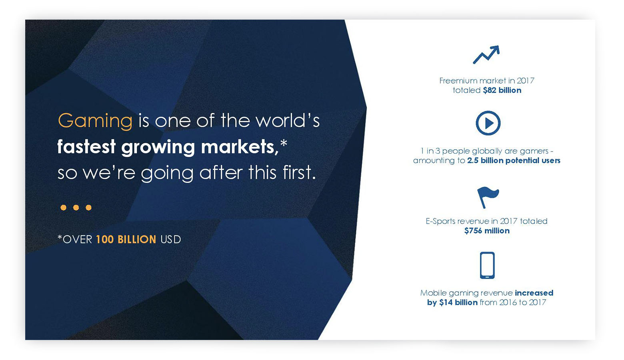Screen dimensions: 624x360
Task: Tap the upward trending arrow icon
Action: click(486, 55)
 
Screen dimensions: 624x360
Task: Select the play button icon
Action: click(488, 123)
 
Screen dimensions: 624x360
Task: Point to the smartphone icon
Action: click(487, 265)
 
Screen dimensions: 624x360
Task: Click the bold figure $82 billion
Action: click(502, 90)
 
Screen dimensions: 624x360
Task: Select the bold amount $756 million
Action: click(487, 231)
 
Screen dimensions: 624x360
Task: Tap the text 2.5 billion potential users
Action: click(514, 161)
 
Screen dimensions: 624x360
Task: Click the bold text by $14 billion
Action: click(452, 303)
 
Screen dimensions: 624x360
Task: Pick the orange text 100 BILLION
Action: click(126, 240)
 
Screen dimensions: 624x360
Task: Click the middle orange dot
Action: click(76, 208)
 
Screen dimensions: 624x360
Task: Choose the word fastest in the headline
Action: click(86, 146)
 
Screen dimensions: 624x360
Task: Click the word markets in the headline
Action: click(240, 146)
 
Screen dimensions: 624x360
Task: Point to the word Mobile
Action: click(434, 293)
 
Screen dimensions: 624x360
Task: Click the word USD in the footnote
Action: click(171, 240)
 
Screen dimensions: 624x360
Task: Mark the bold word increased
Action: click(534, 293)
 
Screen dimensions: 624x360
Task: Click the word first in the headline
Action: click(299, 172)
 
